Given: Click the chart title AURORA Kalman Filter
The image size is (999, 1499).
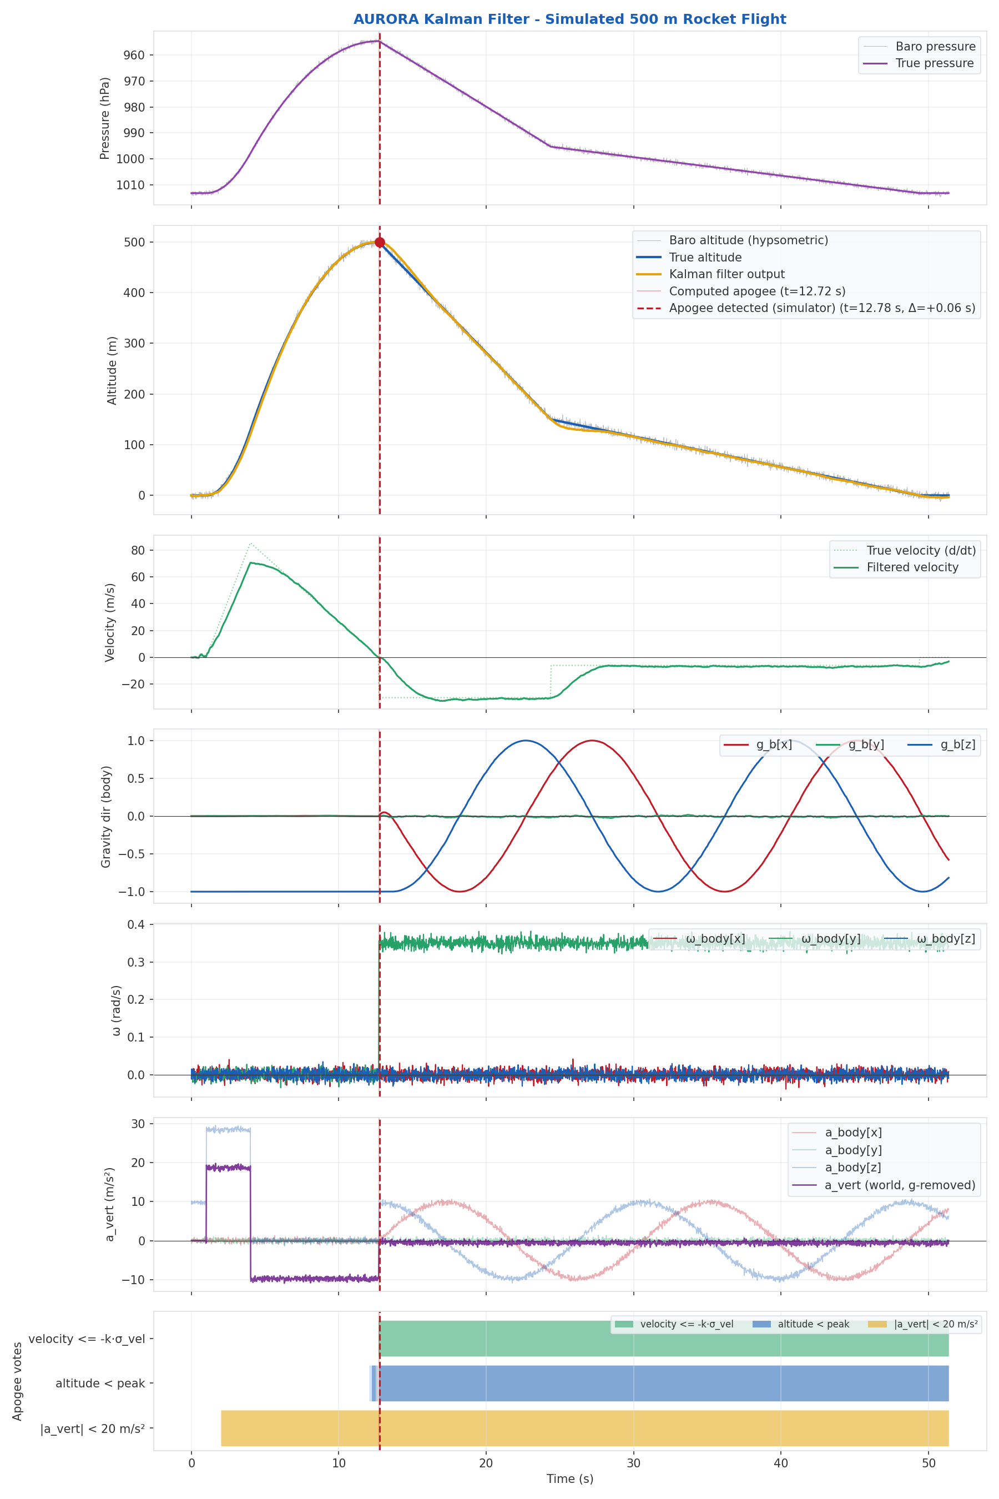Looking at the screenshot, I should (x=569, y=19).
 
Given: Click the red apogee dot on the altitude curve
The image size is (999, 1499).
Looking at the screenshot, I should (x=380, y=242).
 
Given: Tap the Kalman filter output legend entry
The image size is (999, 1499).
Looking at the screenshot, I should (x=726, y=274).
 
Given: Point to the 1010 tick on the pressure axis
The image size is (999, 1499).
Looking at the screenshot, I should (x=130, y=185).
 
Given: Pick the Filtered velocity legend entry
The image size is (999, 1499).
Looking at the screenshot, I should (x=912, y=567).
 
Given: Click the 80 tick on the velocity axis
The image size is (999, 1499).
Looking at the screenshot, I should (x=138, y=550).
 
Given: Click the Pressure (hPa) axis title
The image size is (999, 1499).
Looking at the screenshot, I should (x=105, y=119).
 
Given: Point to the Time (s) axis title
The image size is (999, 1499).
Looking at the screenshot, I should (x=569, y=1478).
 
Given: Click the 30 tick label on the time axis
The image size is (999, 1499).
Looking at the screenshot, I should (x=633, y=1463).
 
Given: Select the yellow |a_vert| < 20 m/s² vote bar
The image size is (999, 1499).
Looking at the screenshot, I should (x=584, y=1428).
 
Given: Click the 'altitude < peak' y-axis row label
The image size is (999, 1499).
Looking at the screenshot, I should (x=100, y=1383).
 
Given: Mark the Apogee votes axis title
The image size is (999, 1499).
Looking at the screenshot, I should (x=17, y=1381).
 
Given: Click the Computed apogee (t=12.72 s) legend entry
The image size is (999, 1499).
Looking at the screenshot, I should (x=757, y=291).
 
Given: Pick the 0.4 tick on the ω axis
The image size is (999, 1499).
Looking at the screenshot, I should (x=137, y=924).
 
